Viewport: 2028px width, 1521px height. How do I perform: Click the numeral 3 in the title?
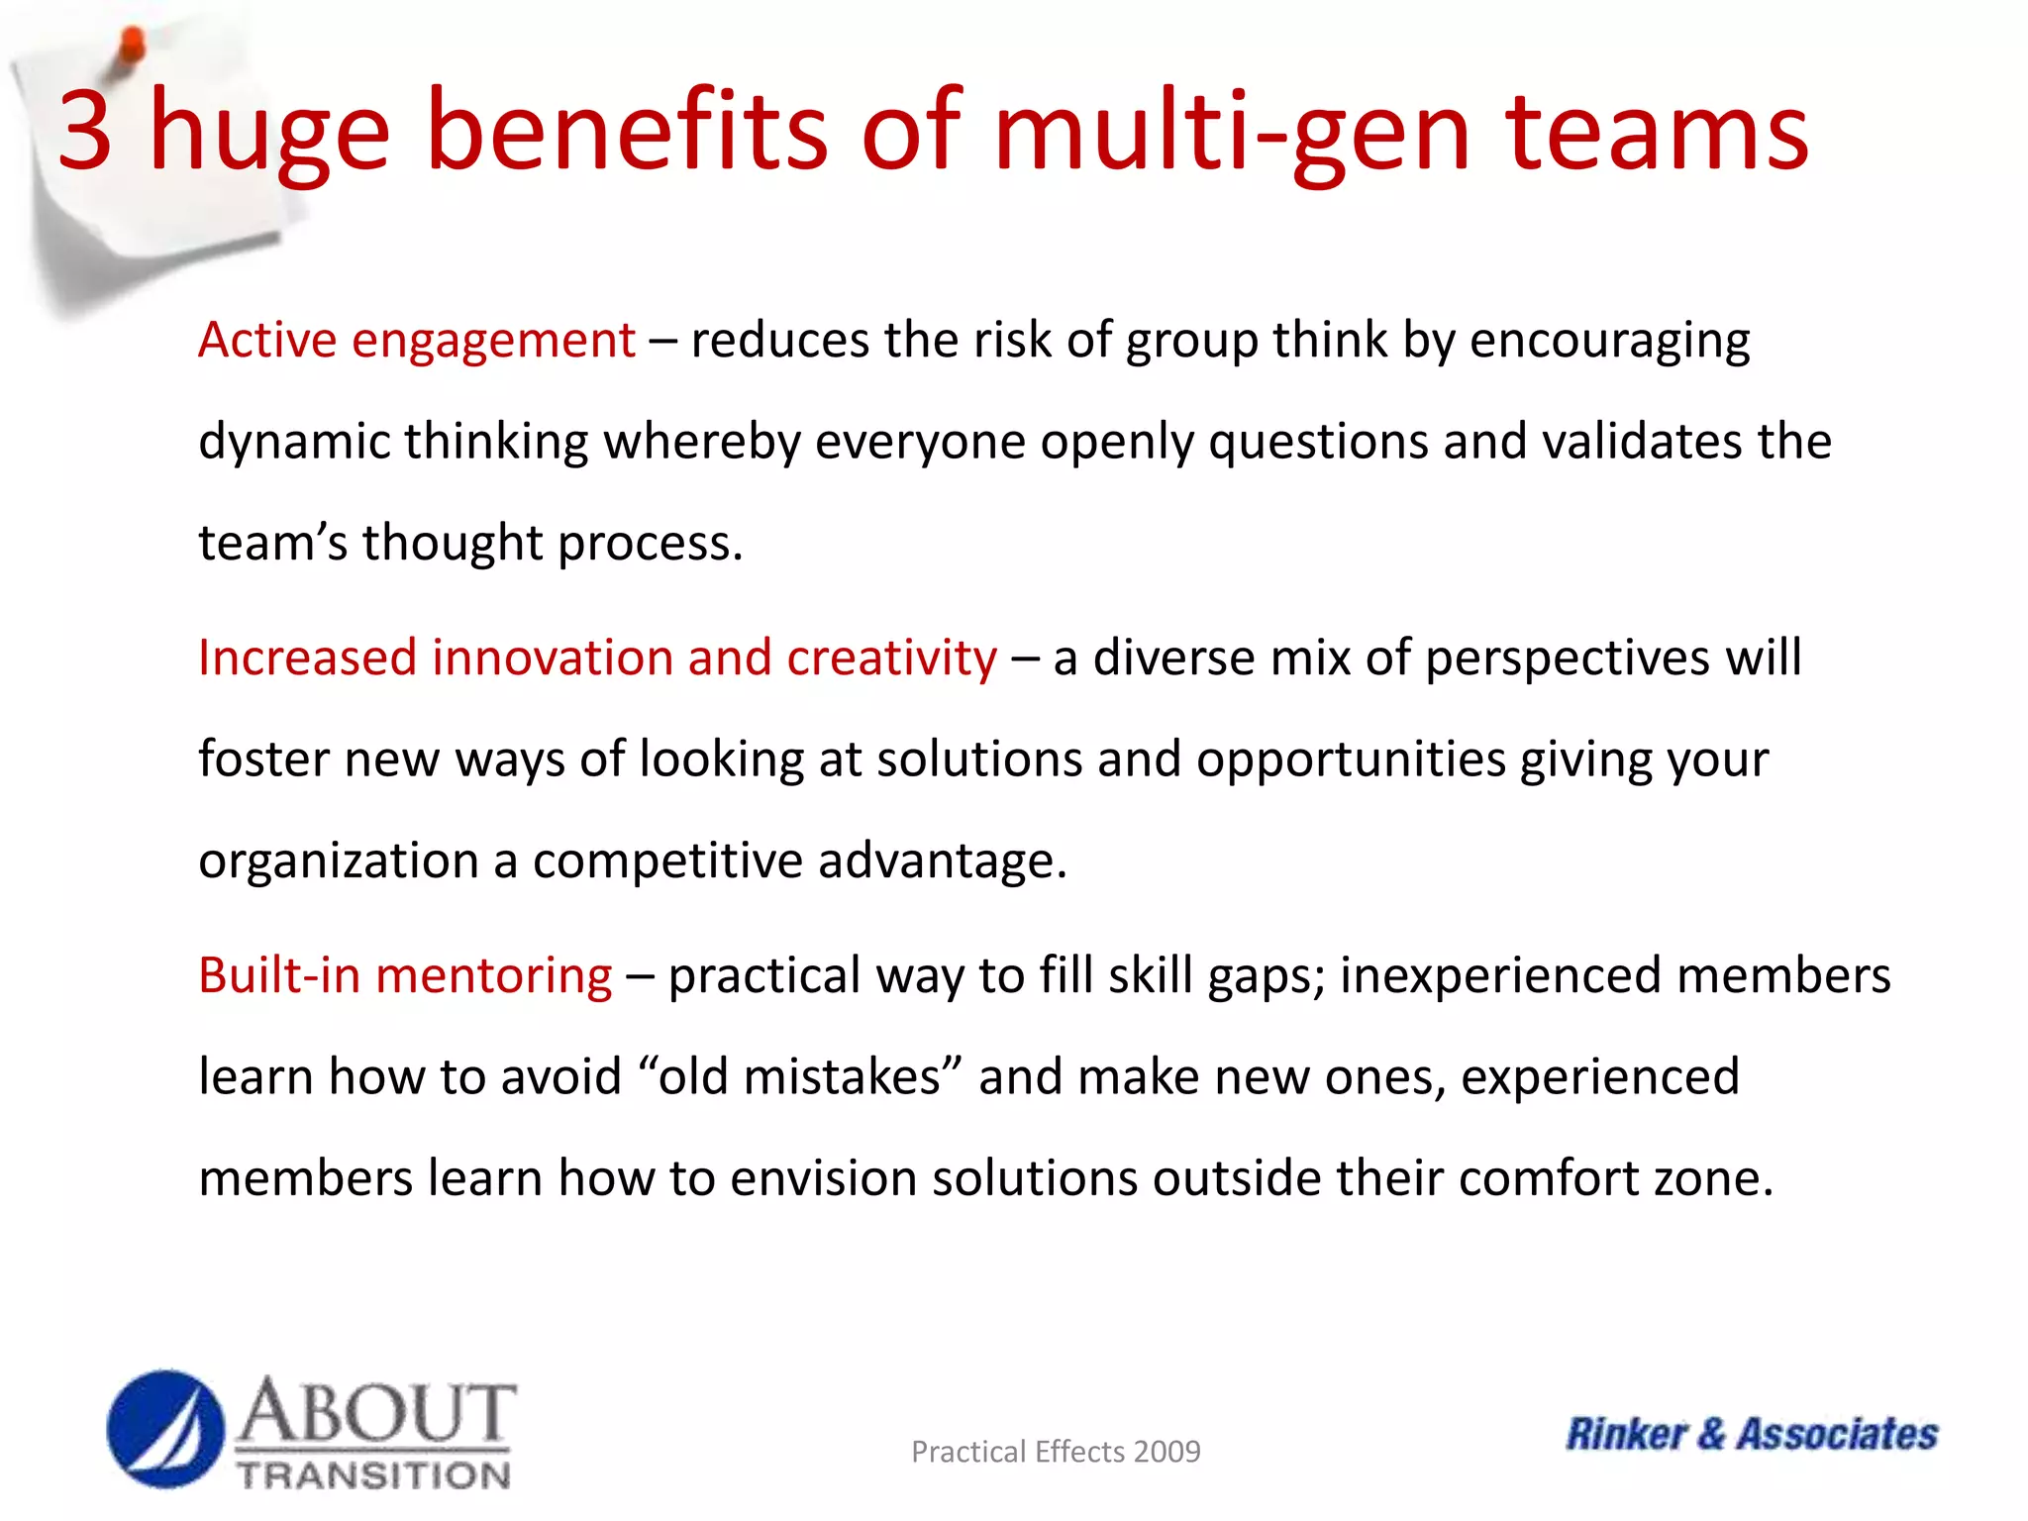pos(85,131)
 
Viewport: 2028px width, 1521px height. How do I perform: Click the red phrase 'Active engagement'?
pos(416,341)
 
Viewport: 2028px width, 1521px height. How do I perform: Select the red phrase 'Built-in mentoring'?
pos(405,975)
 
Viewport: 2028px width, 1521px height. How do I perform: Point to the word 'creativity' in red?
pos(891,658)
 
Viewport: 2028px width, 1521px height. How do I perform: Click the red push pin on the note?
pos(131,46)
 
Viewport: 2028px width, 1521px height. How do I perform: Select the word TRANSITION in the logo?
pos(374,1475)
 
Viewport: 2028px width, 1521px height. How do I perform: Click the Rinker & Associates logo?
pos(1751,1434)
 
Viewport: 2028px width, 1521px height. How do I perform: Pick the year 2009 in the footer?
pos(1166,1452)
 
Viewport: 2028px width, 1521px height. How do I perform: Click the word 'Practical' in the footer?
pos(968,1452)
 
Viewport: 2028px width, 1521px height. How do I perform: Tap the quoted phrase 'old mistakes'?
pos(800,1077)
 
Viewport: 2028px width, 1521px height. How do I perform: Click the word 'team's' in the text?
pos(272,543)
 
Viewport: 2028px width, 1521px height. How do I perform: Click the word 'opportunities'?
pos(1351,760)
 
